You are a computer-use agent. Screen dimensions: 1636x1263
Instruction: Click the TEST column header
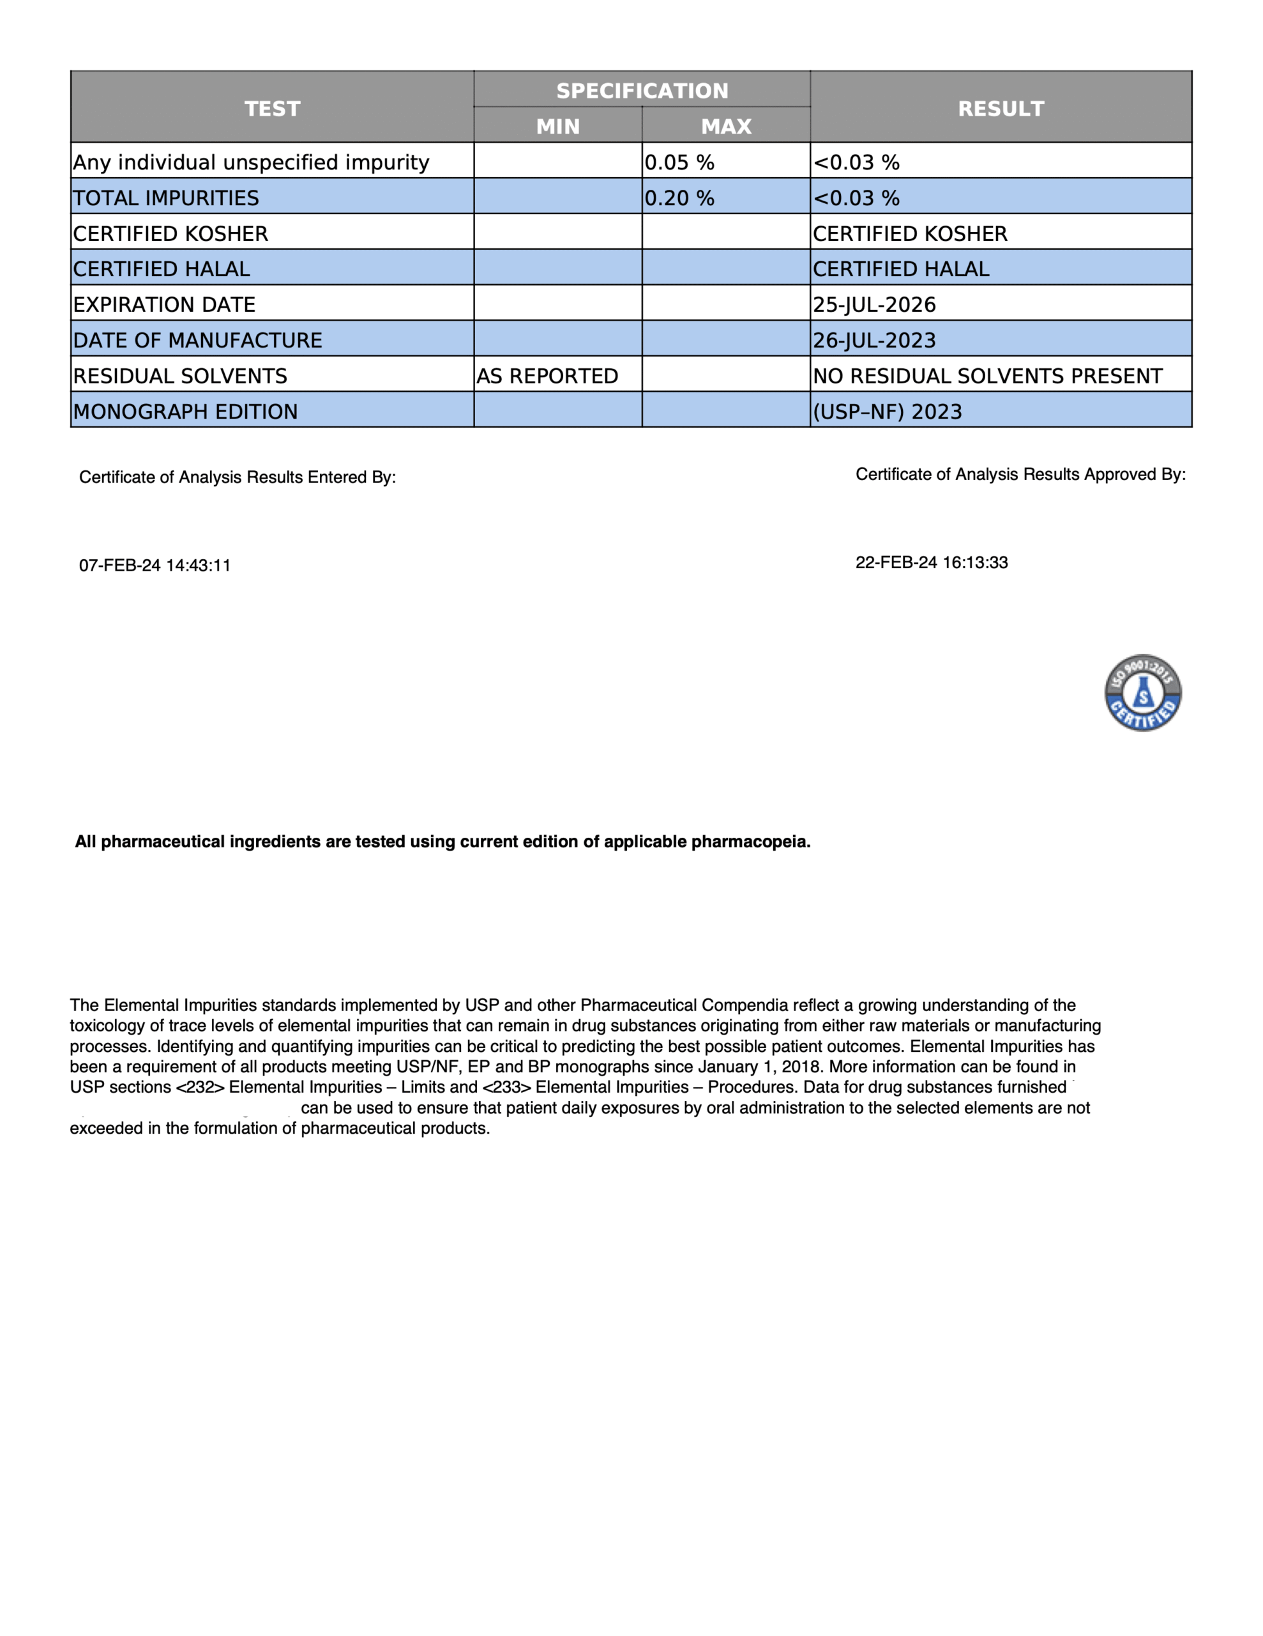(x=272, y=109)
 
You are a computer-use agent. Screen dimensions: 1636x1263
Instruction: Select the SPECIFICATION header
(x=642, y=91)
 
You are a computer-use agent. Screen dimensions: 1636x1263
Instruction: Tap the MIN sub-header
(x=558, y=126)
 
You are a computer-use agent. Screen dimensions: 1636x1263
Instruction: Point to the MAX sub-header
(x=725, y=126)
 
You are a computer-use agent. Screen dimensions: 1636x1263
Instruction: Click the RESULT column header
(x=1000, y=109)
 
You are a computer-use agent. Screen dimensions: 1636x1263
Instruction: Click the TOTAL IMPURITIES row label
(x=166, y=197)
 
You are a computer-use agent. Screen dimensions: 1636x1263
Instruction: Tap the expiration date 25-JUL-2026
(x=874, y=304)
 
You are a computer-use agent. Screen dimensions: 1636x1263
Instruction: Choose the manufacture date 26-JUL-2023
(x=874, y=340)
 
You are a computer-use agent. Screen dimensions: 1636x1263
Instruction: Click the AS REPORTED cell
(x=547, y=376)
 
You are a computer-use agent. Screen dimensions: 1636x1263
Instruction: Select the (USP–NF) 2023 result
(x=887, y=412)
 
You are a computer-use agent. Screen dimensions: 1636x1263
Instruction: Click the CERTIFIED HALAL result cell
(x=901, y=269)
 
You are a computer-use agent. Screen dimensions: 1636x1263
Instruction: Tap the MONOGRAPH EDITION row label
(x=186, y=412)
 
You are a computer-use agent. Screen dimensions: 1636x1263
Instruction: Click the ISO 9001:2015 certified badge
(x=1142, y=692)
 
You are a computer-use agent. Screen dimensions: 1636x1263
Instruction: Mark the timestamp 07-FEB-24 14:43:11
(x=155, y=566)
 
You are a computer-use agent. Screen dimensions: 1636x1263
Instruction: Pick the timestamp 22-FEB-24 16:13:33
(x=932, y=562)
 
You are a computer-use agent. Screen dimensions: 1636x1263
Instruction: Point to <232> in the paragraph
(x=200, y=1087)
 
